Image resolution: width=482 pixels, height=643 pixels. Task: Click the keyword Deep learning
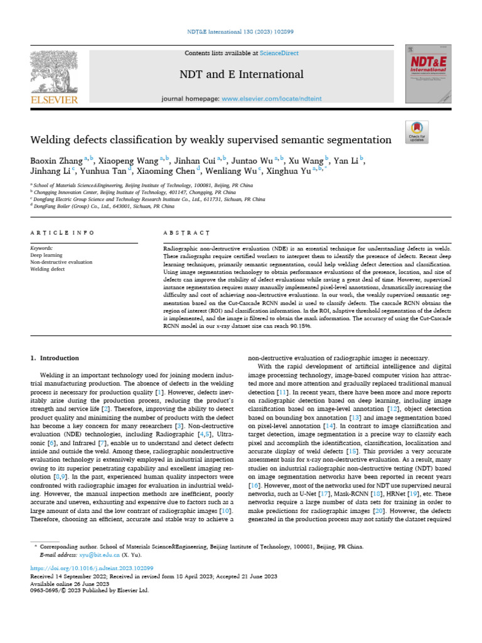(46, 256)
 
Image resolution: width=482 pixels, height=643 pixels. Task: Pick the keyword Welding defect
(48, 269)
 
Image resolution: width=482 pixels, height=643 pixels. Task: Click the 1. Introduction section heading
(55, 358)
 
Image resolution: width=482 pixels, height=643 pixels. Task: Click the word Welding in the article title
(53, 139)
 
